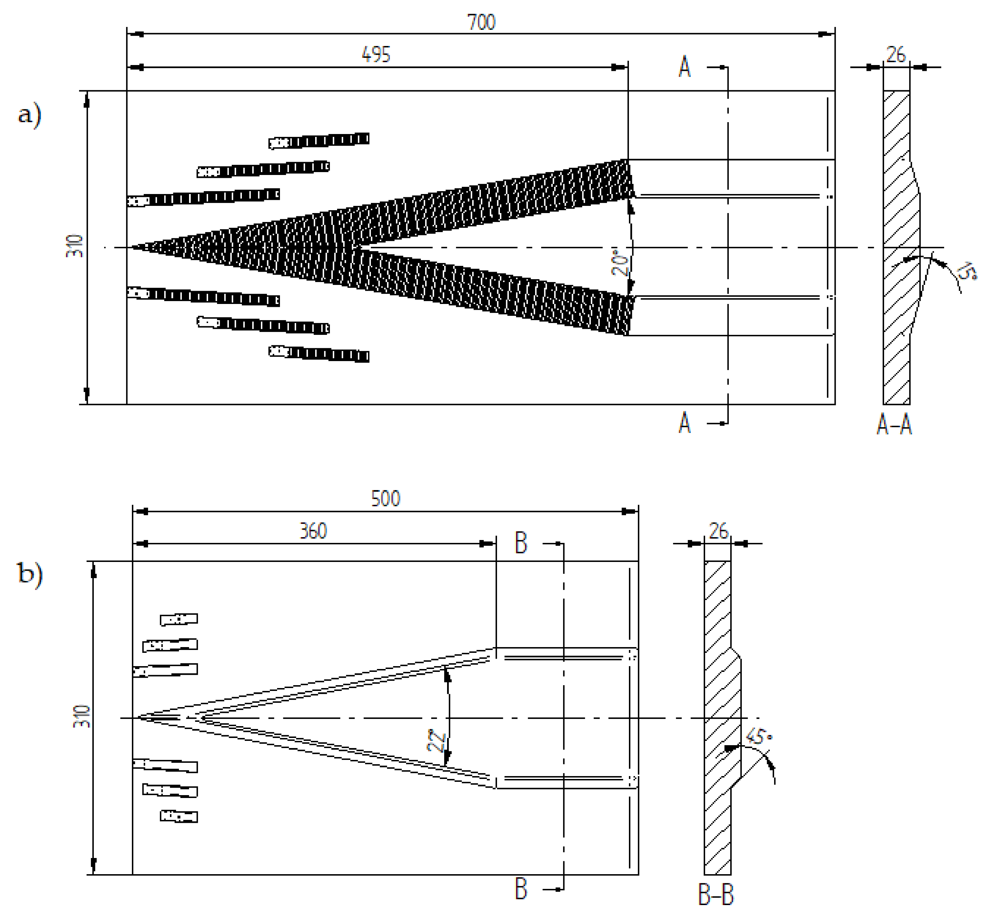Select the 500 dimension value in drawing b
pyautogui.click(x=385, y=498)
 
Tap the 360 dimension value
pyautogui.click(x=313, y=531)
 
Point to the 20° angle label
pyautogui.click(x=619, y=262)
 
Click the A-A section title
pyautogui.click(x=894, y=425)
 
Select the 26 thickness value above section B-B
pyautogui.click(x=718, y=531)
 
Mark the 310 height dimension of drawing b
pyautogui.click(x=82, y=717)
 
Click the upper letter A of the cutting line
pyautogui.click(x=684, y=68)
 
